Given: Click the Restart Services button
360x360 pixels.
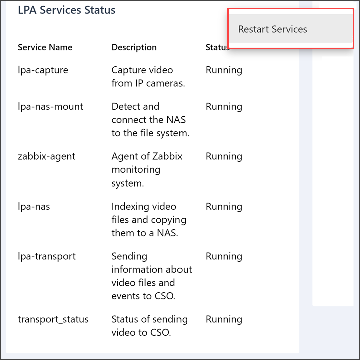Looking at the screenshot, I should pyautogui.click(x=273, y=29).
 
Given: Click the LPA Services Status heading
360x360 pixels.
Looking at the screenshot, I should pyautogui.click(x=67, y=10).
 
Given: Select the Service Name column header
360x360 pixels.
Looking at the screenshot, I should pyautogui.click(x=45, y=47).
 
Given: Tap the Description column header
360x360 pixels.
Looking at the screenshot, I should pyautogui.click(x=134, y=47).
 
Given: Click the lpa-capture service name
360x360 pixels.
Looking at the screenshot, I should pyautogui.click(x=43, y=70).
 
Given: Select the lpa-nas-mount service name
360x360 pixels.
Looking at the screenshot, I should pyautogui.click(x=50, y=107).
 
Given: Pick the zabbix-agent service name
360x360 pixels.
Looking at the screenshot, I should pyautogui.click(x=46, y=156).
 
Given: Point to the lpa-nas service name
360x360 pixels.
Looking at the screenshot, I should pyautogui.click(x=34, y=207).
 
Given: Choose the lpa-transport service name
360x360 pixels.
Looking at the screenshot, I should pyautogui.click(x=47, y=256).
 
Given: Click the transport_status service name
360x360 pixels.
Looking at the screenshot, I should pyautogui.click(x=53, y=319).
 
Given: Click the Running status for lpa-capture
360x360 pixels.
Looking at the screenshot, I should pyautogui.click(x=224, y=70).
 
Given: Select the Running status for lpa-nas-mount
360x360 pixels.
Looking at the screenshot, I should pyautogui.click(x=224, y=107).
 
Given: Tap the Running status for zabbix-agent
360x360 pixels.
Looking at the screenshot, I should pyautogui.click(x=224, y=156).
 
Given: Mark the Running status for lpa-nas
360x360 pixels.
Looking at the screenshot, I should pyautogui.click(x=224, y=207).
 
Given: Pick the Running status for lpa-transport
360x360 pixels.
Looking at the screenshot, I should pyautogui.click(x=224, y=256).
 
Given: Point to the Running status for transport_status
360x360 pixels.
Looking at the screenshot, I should pyautogui.click(x=224, y=319).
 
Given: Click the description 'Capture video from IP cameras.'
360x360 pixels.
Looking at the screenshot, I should pyautogui.click(x=148, y=77).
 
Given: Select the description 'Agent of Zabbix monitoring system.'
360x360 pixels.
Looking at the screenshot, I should pyautogui.click(x=146, y=170).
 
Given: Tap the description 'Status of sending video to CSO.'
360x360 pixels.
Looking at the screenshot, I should pyautogui.click(x=149, y=326).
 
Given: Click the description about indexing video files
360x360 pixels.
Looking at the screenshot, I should pyautogui.click(x=148, y=220).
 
